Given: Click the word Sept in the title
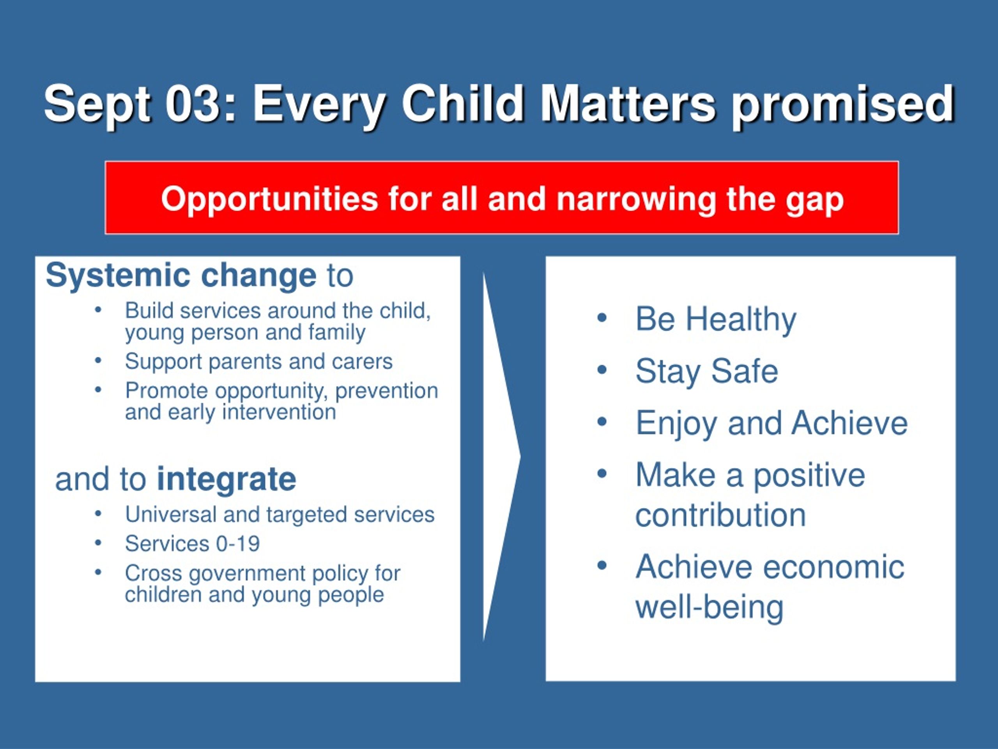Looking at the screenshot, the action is click(97, 105).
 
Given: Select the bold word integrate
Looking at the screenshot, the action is click(226, 479).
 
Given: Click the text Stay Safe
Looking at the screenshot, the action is click(706, 371).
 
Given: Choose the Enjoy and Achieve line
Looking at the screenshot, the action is click(772, 424).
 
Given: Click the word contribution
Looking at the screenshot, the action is click(720, 515).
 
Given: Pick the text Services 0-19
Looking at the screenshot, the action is click(192, 543).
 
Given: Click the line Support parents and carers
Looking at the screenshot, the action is click(258, 362).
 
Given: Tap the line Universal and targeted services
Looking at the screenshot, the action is click(280, 514).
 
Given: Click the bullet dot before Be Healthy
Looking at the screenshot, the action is click(602, 318).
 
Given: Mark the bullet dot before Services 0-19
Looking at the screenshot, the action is click(98, 543).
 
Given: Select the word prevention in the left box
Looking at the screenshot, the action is click(387, 391).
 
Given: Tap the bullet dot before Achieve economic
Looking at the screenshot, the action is click(602, 566).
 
